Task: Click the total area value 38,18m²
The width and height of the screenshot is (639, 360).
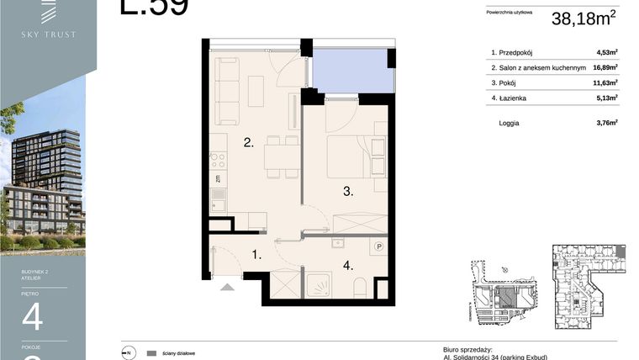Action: (x=585, y=18)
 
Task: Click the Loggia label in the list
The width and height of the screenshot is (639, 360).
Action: (x=509, y=123)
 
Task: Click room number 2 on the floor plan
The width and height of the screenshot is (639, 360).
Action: (x=249, y=144)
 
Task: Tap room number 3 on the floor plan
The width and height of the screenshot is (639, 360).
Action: (x=346, y=192)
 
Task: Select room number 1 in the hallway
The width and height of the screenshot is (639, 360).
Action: (x=258, y=252)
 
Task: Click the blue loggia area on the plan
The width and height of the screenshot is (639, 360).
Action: (x=352, y=70)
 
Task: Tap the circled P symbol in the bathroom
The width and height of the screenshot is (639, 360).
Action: (x=379, y=247)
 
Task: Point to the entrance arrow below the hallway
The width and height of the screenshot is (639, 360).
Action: (x=226, y=288)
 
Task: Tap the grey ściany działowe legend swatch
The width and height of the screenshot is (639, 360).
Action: (x=152, y=353)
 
